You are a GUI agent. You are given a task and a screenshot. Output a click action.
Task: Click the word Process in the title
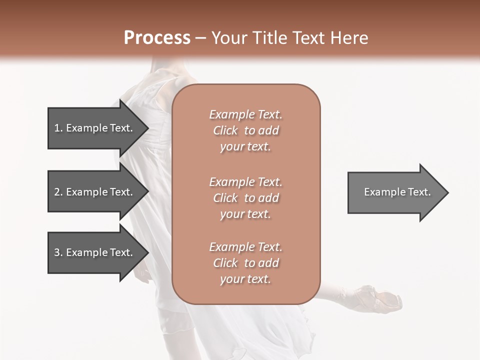(x=157, y=38)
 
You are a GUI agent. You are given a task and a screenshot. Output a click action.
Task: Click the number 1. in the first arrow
(x=58, y=128)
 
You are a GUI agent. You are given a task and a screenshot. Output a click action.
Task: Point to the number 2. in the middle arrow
(x=58, y=192)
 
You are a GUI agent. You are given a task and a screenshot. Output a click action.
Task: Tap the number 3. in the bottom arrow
(x=58, y=252)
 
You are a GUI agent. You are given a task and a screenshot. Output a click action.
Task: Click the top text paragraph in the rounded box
(x=245, y=130)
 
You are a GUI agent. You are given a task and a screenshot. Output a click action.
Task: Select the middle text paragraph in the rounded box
(x=245, y=197)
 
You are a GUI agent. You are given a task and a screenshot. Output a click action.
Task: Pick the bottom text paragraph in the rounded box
(x=245, y=263)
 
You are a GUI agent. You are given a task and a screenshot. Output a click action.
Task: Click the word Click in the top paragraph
(x=225, y=130)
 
